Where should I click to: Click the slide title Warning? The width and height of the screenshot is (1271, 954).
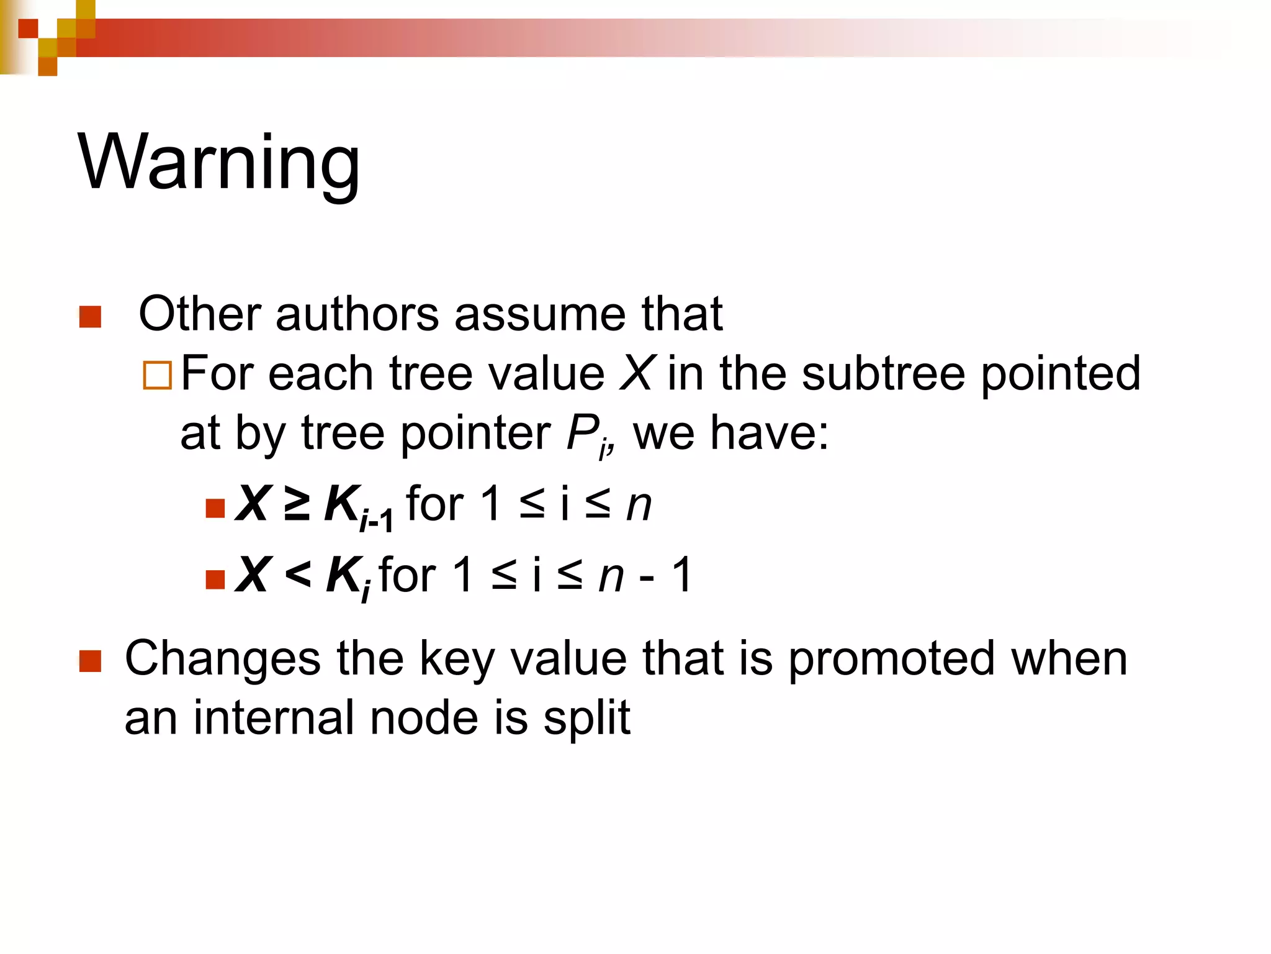pos(218,163)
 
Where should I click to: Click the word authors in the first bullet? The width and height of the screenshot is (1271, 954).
pos(357,314)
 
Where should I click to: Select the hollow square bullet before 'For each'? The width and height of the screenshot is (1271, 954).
pos(157,375)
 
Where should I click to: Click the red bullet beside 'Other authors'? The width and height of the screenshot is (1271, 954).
pos(91,317)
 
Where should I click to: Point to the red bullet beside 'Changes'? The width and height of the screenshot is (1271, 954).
pos(91,661)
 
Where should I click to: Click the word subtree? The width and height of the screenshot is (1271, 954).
pos(883,373)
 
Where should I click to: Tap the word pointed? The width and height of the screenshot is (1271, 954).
pos(1061,373)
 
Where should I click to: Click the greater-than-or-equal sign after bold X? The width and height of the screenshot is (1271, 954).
pos(297,504)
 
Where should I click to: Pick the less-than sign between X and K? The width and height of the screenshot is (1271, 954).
pos(297,575)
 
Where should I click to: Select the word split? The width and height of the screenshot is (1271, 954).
pos(586,719)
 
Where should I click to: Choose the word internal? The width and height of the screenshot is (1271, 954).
pos(274,718)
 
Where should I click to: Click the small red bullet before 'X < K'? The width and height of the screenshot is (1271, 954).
pos(215,579)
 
